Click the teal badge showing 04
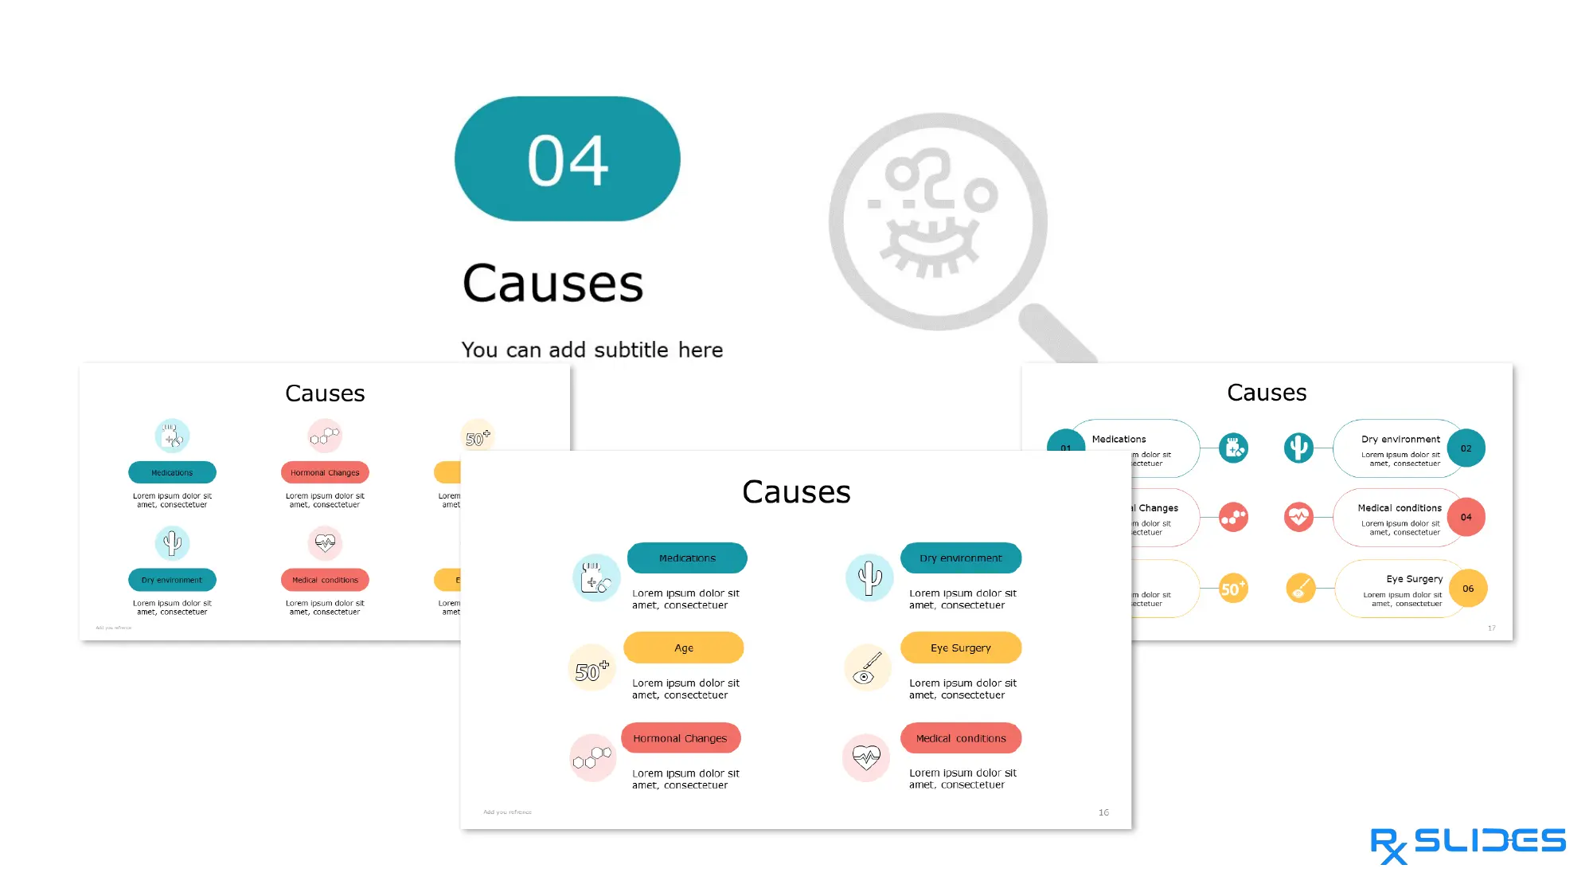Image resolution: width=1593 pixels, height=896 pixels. click(x=567, y=159)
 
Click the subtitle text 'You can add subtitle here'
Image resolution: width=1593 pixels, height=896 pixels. click(x=592, y=350)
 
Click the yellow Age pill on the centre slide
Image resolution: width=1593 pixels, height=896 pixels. click(x=683, y=648)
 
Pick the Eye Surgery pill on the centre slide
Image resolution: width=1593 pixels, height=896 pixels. click(x=960, y=648)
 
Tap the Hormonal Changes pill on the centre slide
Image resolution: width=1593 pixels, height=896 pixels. click(x=680, y=738)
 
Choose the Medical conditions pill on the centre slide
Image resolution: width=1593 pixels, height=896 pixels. click(x=960, y=738)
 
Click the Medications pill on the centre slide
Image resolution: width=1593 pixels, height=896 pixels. click(x=687, y=558)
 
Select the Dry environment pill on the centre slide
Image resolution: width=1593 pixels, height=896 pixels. click(x=960, y=558)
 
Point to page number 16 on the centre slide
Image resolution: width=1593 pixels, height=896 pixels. click(x=1103, y=812)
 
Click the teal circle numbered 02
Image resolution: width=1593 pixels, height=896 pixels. click(x=1466, y=448)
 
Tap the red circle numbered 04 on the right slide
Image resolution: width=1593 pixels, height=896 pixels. click(x=1466, y=517)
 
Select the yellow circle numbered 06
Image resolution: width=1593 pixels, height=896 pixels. click(x=1467, y=589)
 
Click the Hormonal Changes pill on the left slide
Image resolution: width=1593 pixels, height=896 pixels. click(x=325, y=472)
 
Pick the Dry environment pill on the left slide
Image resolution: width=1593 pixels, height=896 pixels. click(x=172, y=580)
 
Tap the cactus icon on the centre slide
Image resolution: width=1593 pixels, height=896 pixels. click(x=869, y=577)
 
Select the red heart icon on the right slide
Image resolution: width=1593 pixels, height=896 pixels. click(x=1298, y=517)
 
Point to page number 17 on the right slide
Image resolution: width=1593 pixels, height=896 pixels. click(x=1491, y=628)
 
